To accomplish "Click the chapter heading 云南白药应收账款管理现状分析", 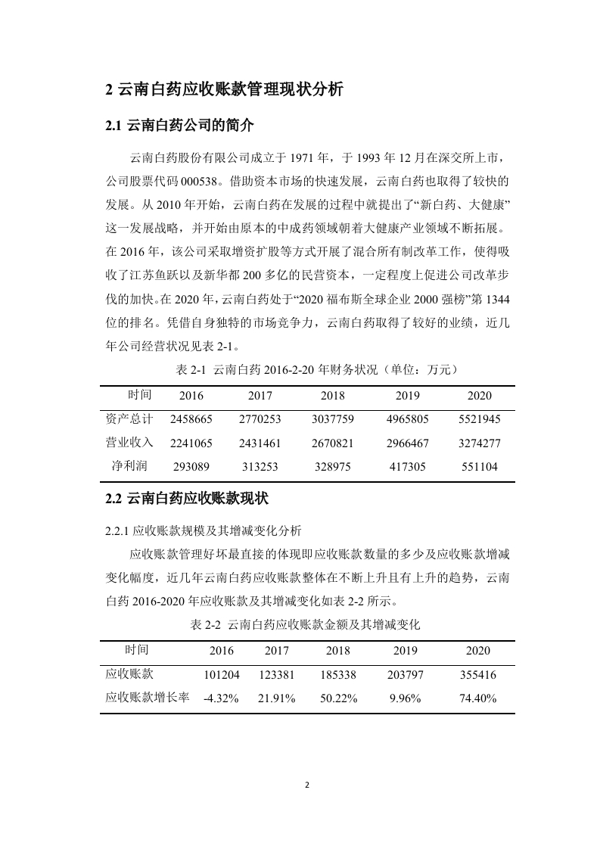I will (x=225, y=89).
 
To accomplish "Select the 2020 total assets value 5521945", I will (x=479, y=418).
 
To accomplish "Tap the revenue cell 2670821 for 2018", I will (x=333, y=443).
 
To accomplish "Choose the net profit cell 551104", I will (x=479, y=467).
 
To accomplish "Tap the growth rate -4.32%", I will (x=221, y=698).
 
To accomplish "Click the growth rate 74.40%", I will (x=478, y=698).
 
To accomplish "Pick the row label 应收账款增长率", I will (x=148, y=698).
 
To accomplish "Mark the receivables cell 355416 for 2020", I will (x=478, y=674).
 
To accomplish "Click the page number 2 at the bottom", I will (x=307, y=784).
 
